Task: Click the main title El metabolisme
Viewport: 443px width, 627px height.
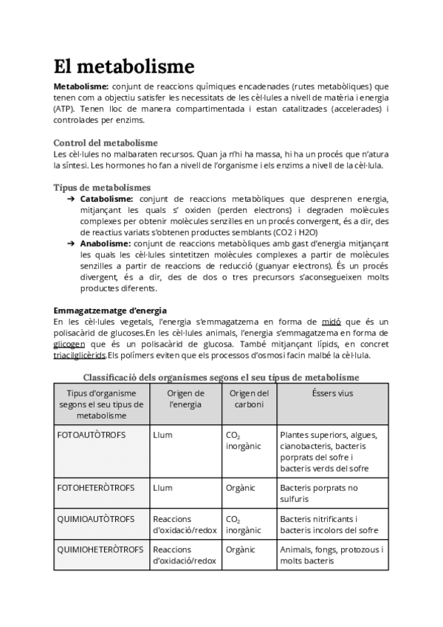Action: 124,67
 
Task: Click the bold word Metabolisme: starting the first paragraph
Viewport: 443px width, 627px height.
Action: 81,87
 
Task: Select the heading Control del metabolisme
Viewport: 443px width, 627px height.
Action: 106,143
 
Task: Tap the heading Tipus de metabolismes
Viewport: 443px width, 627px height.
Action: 102,188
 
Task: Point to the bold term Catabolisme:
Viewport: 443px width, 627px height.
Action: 106,199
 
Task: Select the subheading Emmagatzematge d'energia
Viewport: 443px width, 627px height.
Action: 110,310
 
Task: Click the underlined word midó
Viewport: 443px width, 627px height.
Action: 331,322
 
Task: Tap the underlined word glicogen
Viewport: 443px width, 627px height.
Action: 69,344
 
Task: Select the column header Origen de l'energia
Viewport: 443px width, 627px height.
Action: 185,399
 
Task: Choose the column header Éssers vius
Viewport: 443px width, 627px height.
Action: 332,393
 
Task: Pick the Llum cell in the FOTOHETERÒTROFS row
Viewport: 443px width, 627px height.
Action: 162,488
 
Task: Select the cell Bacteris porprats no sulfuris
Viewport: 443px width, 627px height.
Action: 319,493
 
